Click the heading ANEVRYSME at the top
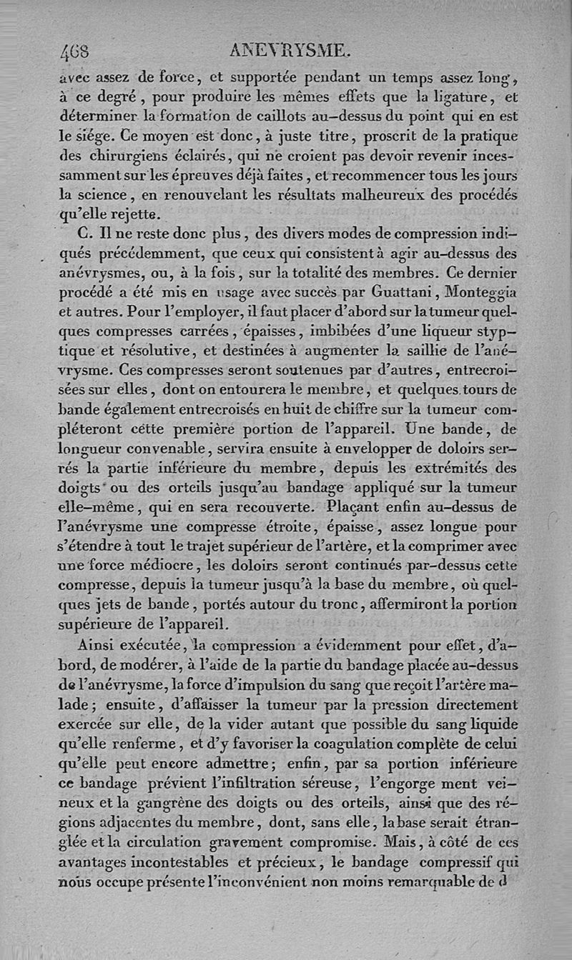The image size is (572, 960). (x=288, y=50)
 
